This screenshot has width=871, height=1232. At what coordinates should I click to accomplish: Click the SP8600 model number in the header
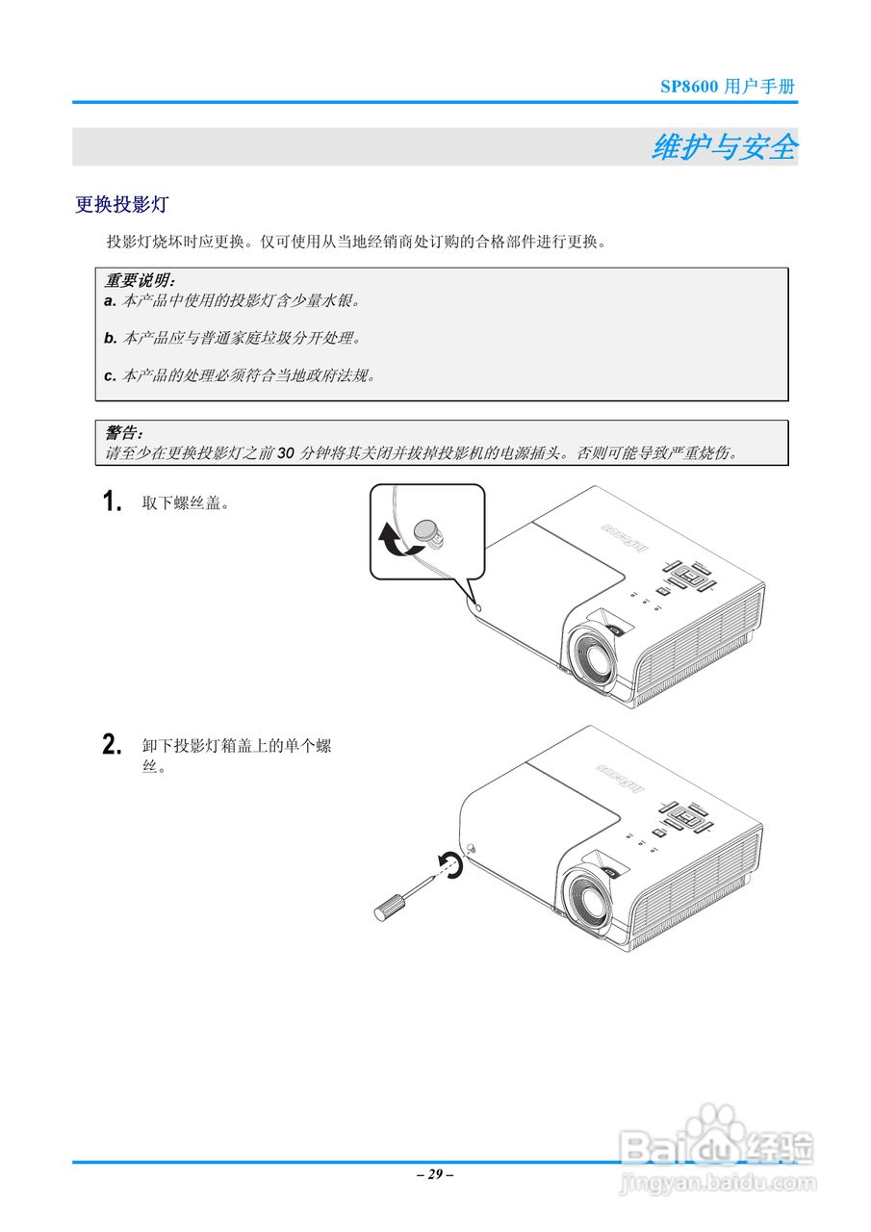(x=689, y=87)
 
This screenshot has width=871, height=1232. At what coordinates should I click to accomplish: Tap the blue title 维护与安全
(x=724, y=147)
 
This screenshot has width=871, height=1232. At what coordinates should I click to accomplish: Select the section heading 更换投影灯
(x=121, y=204)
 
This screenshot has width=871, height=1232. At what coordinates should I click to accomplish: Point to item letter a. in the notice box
(x=109, y=301)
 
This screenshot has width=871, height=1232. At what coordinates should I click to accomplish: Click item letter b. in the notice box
(x=109, y=338)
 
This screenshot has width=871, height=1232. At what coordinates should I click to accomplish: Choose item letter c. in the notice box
(x=109, y=375)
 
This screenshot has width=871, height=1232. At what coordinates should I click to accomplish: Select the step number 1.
(x=113, y=501)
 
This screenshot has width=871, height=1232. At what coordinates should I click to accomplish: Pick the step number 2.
(x=113, y=745)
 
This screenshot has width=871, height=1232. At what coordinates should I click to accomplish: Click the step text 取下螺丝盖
(x=185, y=502)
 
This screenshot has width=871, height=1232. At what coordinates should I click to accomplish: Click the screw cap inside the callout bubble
(x=427, y=530)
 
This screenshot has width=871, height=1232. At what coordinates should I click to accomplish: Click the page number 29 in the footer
(x=435, y=1174)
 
